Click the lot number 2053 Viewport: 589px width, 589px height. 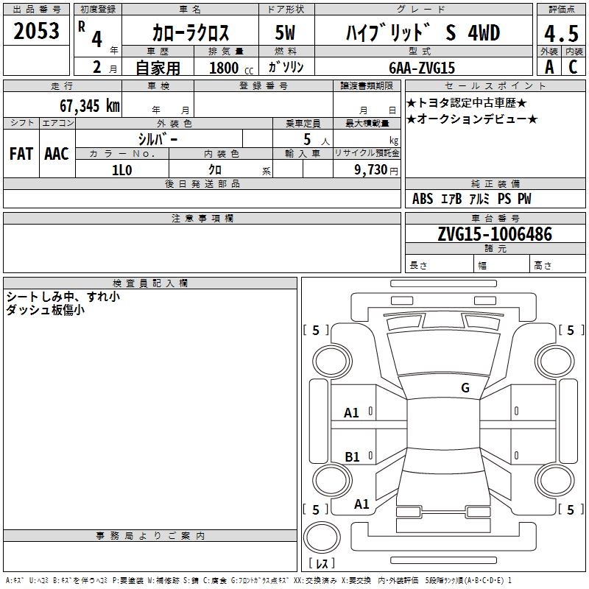click(x=36, y=31)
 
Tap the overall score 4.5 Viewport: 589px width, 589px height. click(x=561, y=33)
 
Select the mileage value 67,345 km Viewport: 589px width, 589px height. click(x=90, y=106)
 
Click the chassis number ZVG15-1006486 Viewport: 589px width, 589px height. click(x=495, y=234)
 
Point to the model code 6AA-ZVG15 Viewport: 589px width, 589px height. click(x=422, y=68)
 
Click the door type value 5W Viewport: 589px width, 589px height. click(x=285, y=32)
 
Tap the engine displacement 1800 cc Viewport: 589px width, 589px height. click(x=231, y=68)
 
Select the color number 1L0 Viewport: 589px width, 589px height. click(x=122, y=170)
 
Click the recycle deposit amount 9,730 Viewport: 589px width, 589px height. click(x=371, y=170)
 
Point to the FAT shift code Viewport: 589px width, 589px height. click(x=21, y=154)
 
